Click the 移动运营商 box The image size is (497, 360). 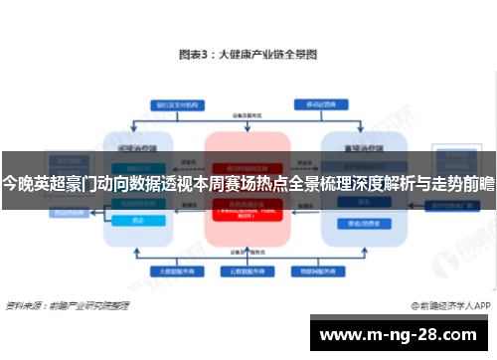click(320, 103)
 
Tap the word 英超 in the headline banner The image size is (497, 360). click(50, 183)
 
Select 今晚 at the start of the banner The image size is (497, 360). click(17, 183)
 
